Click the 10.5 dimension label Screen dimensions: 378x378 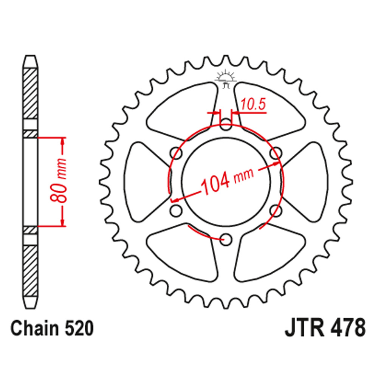pyautogui.click(x=253, y=104)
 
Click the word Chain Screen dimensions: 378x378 pyautogui.click(x=35, y=328)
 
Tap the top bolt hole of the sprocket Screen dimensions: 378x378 pyautogui.click(x=226, y=124)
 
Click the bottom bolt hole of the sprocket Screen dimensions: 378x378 pyautogui.click(x=226, y=240)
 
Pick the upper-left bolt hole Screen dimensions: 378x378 pyautogui.click(x=176, y=153)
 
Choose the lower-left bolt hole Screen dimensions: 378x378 pyautogui.click(x=176, y=211)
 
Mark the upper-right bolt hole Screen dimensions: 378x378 pyautogui.click(x=276, y=153)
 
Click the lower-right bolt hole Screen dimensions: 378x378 pyautogui.click(x=276, y=211)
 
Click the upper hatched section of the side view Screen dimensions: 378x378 pyautogui.click(x=30, y=93)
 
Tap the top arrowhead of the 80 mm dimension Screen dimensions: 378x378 pyautogui.click(x=63, y=141)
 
